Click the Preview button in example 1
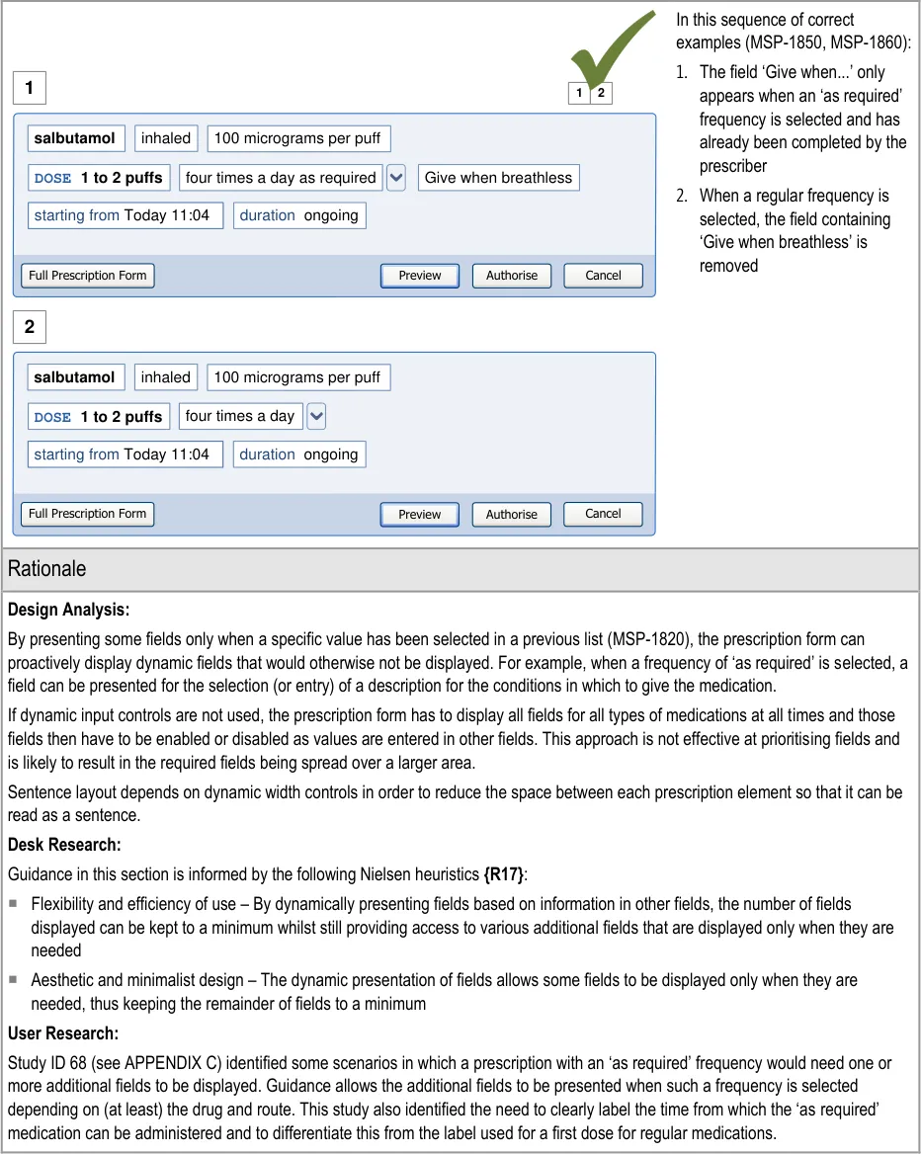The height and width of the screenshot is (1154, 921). pyautogui.click(x=420, y=276)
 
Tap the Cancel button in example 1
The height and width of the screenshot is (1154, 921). pyautogui.click(x=603, y=276)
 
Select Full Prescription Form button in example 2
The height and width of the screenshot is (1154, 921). pyautogui.click(x=88, y=514)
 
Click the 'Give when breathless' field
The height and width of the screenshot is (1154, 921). pyautogui.click(x=498, y=178)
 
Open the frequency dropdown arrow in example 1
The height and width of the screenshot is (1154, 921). pyautogui.click(x=396, y=178)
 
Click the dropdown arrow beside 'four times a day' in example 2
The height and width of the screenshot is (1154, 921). pyautogui.click(x=316, y=416)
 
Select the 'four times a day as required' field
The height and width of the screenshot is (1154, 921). pyautogui.click(x=281, y=178)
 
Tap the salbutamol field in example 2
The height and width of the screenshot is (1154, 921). pyautogui.click(x=75, y=377)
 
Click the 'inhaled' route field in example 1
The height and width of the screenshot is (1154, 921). pyautogui.click(x=166, y=138)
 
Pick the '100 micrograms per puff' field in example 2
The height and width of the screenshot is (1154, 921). pyautogui.click(x=297, y=377)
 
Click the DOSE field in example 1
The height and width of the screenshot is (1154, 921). pyautogui.click(x=99, y=178)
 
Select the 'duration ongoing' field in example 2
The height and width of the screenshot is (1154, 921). pyautogui.click(x=298, y=454)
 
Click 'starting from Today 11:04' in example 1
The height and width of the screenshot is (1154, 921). pyautogui.click(x=125, y=215)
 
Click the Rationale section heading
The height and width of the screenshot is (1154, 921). pyautogui.click(x=46, y=568)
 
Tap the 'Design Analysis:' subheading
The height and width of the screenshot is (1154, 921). pyautogui.click(x=68, y=610)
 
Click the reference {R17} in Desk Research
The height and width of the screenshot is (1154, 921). pyautogui.click(x=502, y=873)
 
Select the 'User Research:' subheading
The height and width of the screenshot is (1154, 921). pyautogui.click(x=63, y=1033)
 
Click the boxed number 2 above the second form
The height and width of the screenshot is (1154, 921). pyautogui.click(x=30, y=326)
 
